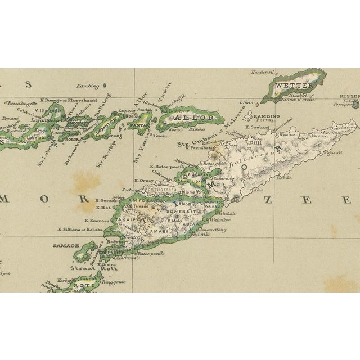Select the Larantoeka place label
click(x=46, y=120)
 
